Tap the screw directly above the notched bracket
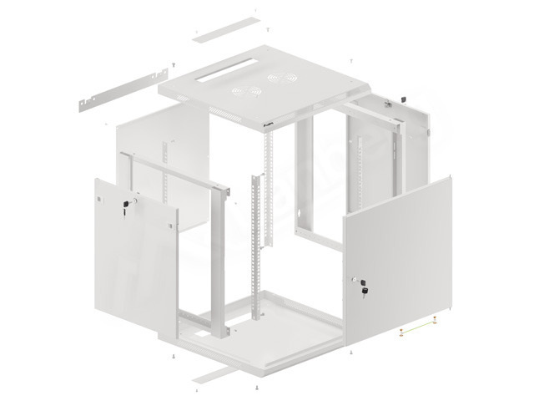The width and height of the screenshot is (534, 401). click(172, 64)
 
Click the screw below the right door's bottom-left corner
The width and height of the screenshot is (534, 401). click(351, 354)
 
